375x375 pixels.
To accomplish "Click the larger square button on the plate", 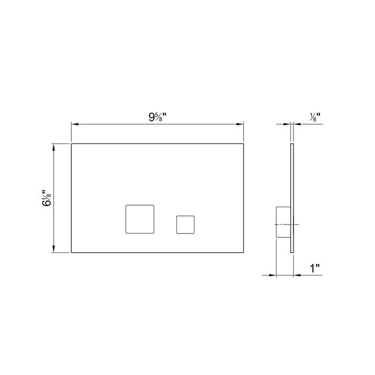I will pyautogui.click(x=139, y=219).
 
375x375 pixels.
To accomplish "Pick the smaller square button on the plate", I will pyautogui.click(x=185, y=224).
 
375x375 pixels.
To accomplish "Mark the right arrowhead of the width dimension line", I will pyautogui.click(x=241, y=124).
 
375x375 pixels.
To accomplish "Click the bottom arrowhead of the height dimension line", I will pyautogui.click(x=54, y=249).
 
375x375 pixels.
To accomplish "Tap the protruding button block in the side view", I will pyautogui.click(x=282, y=223).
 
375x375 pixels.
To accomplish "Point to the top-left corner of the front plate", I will pyautogui.click(x=71, y=144).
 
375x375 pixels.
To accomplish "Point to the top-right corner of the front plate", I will pyautogui.click(x=244, y=144).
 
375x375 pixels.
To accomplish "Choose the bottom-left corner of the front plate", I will pyautogui.click(x=71, y=252).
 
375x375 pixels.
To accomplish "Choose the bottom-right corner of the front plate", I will pyautogui.click(x=244, y=252).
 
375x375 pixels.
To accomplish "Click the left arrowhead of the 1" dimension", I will pyautogui.click(x=272, y=275).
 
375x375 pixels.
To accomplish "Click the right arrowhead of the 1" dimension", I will pyautogui.click(x=296, y=275).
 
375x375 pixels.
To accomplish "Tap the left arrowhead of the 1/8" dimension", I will pyautogui.click(x=287, y=124).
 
